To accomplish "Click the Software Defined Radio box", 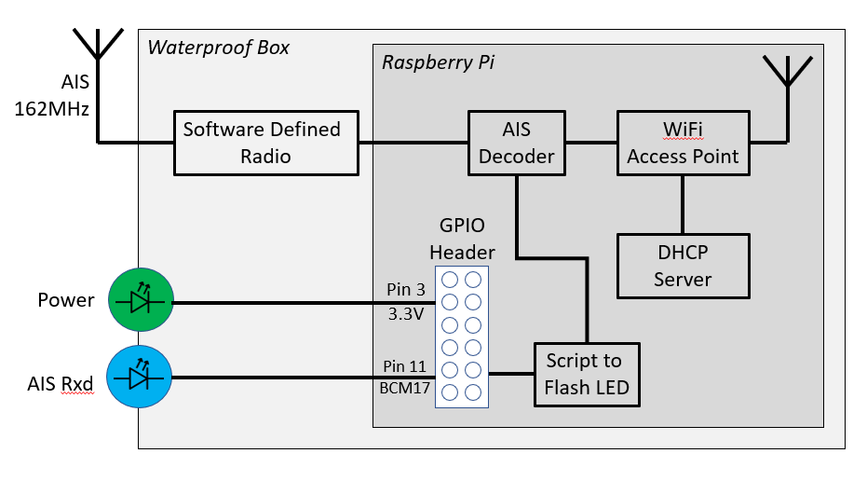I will [x=266, y=143].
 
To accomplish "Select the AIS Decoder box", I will [x=516, y=143].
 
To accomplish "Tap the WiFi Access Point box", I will [x=683, y=143].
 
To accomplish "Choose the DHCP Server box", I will [x=683, y=267].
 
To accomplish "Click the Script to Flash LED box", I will [x=587, y=374].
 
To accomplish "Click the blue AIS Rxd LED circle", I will [x=141, y=378].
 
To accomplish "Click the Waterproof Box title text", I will [x=218, y=48].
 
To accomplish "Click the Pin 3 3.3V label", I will [x=405, y=302].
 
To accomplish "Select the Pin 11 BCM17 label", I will [x=405, y=378].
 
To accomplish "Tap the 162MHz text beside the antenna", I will [x=52, y=109].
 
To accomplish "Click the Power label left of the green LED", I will [x=65, y=300].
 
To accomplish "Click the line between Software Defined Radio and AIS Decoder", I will [x=413, y=143].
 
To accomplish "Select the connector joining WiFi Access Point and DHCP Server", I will [x=683, y=204].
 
